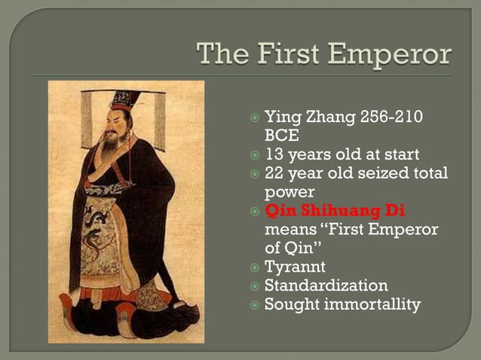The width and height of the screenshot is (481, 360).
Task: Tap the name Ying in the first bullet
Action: pos(280,117)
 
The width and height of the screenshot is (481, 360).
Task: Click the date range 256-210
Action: pos(388,117)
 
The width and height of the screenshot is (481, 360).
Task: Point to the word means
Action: pos(290,230)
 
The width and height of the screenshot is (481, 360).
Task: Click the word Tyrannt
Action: pos(295,267)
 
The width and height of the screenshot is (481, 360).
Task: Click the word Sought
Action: pos(290,304)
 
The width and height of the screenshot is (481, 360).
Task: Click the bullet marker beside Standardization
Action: pos(256,286)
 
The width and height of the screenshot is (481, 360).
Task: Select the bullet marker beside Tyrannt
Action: pos(256,267)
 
